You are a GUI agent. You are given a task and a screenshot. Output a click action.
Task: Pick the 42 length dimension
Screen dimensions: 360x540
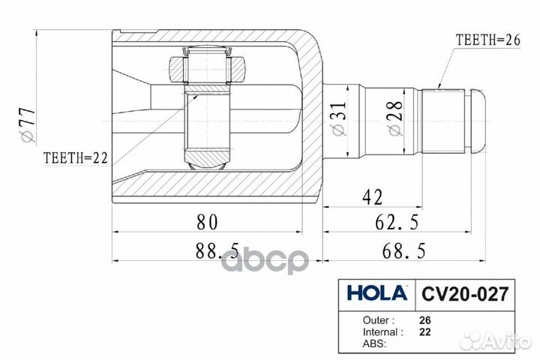tap(373, 197)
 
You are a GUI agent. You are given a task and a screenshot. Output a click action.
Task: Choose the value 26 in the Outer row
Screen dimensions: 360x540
tap(424, 318)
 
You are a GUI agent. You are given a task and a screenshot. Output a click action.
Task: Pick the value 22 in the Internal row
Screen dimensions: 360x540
tap(424, 331)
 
